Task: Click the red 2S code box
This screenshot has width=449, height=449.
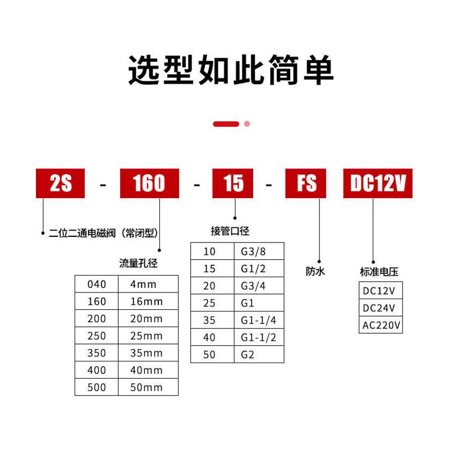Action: coord(61,184)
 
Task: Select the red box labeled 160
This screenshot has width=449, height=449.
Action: coord(149,184)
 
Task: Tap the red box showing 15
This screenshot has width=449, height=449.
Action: coord(233,184)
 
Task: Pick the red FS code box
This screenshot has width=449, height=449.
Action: coord(306,184)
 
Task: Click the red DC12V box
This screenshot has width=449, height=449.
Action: coord(378,184)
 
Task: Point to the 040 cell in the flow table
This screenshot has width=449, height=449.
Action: coord(97,284)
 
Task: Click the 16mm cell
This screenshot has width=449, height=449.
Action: coord(146,301)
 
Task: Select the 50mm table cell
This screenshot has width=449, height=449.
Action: coord(146,387)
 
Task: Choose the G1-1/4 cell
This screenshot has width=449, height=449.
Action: coord(258,320)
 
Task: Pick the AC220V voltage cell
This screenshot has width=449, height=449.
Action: coord(381,325)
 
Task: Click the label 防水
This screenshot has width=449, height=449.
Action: coord(315,272)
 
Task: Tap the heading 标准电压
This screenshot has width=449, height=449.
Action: coord(379,272)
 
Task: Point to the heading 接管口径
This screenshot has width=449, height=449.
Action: coord(230,231)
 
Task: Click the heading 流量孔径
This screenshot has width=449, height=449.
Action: coord(138,263)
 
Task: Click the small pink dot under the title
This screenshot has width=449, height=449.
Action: coord(247,124)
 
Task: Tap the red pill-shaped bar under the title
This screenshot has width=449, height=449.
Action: coord(226,124)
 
